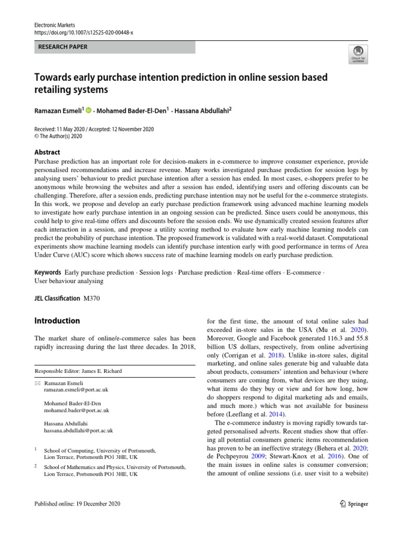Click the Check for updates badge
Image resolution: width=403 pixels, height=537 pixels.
point(358,53)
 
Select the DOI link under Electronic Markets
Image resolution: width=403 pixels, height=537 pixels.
point(84,33)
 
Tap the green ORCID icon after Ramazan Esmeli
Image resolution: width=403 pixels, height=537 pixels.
point(89,110)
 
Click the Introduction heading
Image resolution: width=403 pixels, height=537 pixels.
point(57,320)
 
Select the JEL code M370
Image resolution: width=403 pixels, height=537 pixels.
point(91,298)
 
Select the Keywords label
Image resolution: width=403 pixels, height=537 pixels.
point(48,273)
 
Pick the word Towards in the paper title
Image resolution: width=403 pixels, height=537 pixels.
point(55,78)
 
